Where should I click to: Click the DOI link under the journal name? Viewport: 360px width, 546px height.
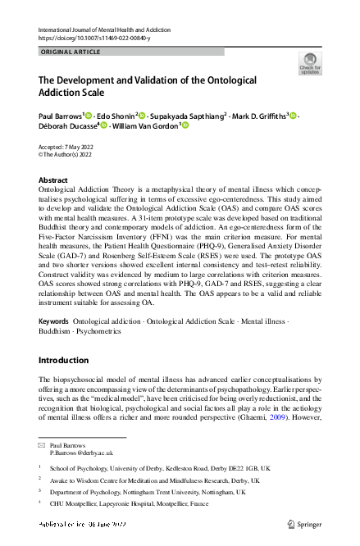[x=93, y=38]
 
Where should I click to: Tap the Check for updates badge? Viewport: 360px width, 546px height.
[x=310, y=64]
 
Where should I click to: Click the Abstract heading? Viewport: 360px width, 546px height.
[x=53, y=180]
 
